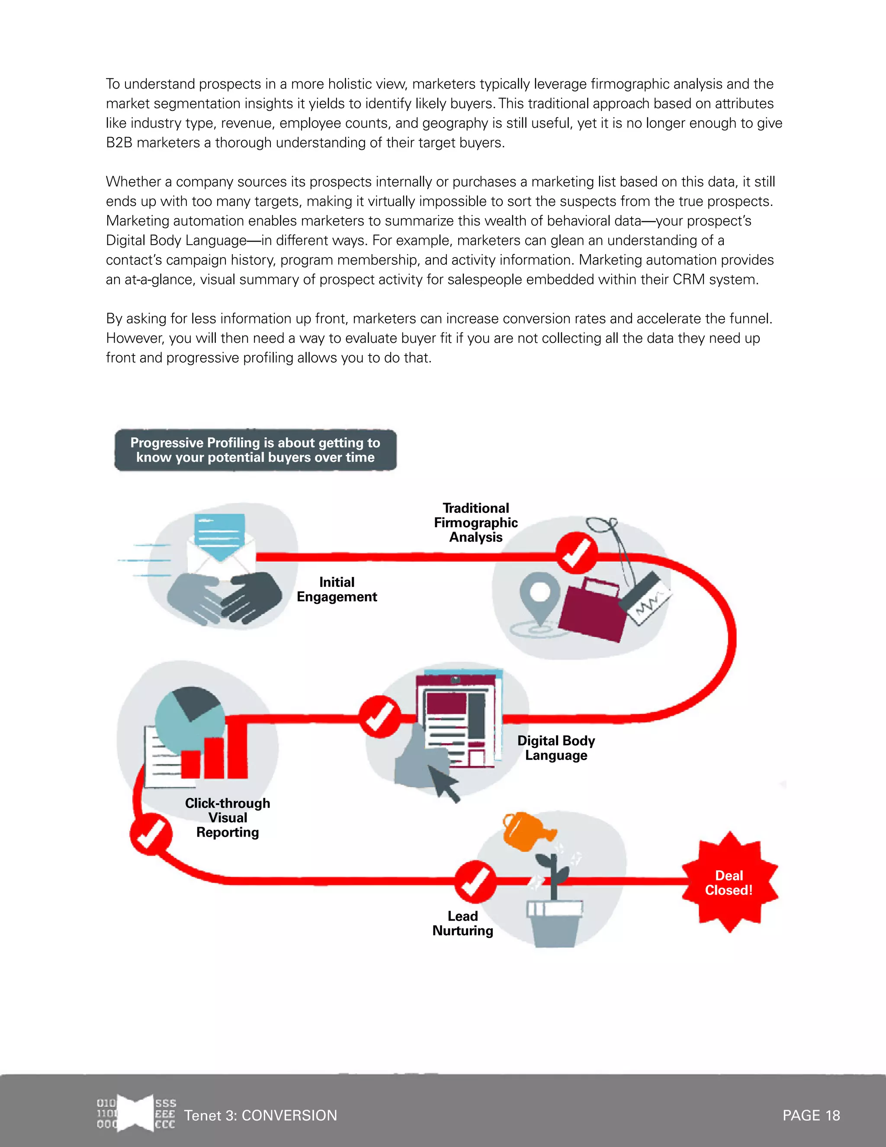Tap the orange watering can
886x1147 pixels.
point(524,831)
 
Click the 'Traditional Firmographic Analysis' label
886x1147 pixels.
point(475,522)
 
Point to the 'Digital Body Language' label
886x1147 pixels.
point(556,748)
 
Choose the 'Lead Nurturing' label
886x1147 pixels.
point(462,923)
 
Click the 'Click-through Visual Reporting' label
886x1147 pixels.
point(227,818)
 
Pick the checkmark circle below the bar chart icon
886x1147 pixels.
point(151,834)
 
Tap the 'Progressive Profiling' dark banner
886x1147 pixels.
point(255,450)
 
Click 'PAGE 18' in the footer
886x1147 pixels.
point(811,1115)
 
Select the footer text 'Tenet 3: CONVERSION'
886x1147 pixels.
point(260,1115)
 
